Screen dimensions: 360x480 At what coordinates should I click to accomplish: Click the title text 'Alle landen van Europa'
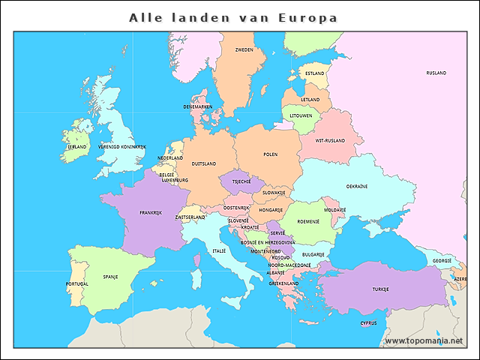coord(232,17)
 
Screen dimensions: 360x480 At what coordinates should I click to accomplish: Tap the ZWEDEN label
coord(244,50)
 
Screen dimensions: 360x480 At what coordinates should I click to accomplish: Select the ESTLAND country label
coord(314,73)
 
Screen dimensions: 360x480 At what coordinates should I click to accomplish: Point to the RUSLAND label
coord(436,73)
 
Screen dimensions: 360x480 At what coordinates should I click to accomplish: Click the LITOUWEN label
coord(301,115)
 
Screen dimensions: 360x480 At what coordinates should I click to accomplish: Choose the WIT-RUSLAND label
coord(330,140)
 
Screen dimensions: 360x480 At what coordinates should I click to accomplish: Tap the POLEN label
coord(270,154)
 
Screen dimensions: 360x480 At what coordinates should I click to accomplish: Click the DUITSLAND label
coord(203,163)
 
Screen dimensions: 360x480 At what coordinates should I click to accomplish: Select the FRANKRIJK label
coord(151,212)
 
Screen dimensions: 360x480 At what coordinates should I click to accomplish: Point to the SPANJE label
coord(110,276)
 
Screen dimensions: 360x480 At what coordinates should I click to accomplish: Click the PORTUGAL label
coord(76,284)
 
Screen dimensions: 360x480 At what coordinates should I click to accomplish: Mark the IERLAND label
coord(77,147)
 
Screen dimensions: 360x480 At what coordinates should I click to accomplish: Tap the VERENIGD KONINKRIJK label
coord(121,147)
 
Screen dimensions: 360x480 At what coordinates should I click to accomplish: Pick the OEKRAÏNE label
coord(356,186)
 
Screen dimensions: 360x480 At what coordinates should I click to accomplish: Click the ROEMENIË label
coord(308,221)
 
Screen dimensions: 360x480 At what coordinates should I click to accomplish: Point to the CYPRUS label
coord(368,324)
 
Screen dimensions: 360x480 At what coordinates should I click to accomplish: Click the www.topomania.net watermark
coord(424,340)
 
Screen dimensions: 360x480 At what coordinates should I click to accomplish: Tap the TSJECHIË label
coord(241,181)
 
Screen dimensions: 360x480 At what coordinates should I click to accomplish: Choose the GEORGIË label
coord(442,261)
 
